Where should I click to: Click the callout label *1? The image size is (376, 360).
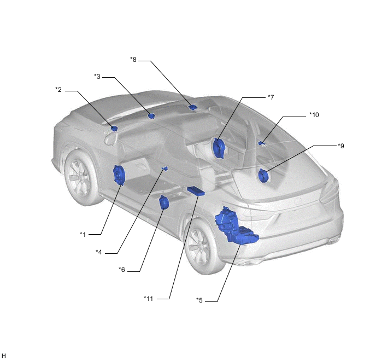[83, 234]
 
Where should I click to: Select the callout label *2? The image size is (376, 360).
[58, 90]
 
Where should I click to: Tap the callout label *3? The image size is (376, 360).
[97, 77]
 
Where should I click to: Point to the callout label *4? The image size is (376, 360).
[99, 252]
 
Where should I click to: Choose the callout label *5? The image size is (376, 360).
[199, 300]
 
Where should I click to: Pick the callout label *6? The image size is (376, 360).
[122, 270]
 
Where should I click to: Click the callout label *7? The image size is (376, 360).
[271, 97]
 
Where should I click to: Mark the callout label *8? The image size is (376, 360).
[133, 60]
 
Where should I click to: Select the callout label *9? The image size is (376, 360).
[341, 146]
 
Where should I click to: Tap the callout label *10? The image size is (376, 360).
[314, 115]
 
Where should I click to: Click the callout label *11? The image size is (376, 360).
[149, 298]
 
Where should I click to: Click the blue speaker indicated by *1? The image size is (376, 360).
[119, 175]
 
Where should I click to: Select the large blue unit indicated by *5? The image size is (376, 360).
[235, 227]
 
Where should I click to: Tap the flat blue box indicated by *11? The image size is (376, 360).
[196, 191]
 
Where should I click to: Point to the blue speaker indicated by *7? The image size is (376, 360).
[219, 148]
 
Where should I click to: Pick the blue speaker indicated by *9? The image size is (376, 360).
[263, 176]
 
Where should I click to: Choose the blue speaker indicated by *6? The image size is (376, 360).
[164, 202]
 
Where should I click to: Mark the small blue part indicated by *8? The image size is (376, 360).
[192, 107]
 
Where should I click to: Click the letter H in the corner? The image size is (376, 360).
[4, 356]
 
